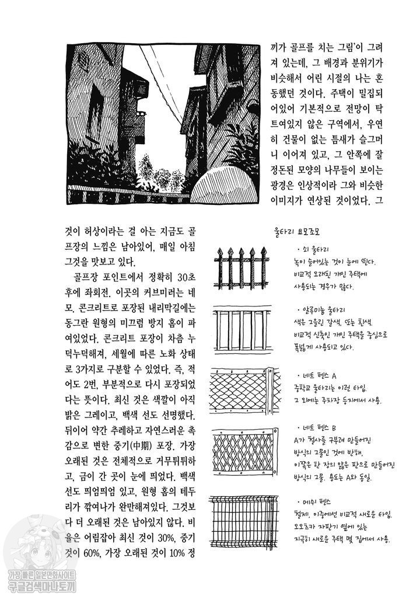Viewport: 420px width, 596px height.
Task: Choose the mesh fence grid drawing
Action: [245, 520]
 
